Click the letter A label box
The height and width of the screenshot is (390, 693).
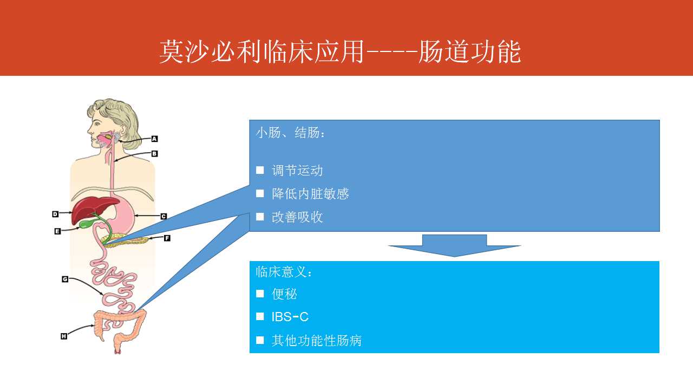click(x=154, y=139)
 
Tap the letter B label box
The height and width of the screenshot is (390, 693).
click(x=154, y=153)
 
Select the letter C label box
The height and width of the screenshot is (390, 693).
click(x=164, y=216)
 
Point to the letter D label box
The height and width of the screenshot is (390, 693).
click(x=55, y=214)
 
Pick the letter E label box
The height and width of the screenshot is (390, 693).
click(x=57, y=231)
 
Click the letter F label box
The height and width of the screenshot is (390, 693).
click(x=167, y=238)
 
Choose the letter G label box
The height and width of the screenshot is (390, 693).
click(x=65, y=279)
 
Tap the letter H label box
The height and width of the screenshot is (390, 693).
click(x=64, y=336)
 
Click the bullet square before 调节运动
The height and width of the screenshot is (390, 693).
click(x=260, y=170)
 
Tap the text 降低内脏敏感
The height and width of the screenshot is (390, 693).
click(x=310, y=194)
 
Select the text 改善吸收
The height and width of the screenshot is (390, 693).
click(x=297, y=217)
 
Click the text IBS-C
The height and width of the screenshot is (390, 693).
click(x=290, y=317)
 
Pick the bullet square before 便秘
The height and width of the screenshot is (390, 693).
click(x=260, y=294)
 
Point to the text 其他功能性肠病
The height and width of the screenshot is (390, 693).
click(x=317, y=341)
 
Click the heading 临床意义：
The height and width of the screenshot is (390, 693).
click(x=284, y=272)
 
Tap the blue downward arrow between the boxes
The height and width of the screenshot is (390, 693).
click(x=454, y=245)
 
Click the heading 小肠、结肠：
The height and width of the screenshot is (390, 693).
click(x=290, y=133)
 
